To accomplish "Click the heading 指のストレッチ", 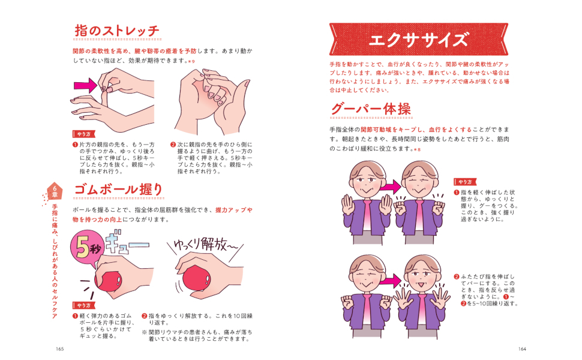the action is pos(117,31).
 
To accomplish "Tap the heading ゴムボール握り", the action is pos(119,189).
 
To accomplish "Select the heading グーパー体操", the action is pos(371,109).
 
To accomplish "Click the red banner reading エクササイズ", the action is pos(418,40).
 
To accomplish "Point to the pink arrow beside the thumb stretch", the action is pos(85,86).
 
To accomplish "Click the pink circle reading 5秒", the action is pos(87,248).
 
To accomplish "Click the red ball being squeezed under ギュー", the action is pos(109,281).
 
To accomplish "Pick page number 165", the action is pos(60,349).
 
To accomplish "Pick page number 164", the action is pos(522,349).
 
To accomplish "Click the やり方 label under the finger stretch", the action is pos(84,134).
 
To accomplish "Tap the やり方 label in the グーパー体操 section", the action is pos(465,182).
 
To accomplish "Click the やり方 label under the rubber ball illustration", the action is pos(84,305).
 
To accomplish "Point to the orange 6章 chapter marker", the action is pos(55,191).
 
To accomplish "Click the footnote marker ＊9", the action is pos(191,61).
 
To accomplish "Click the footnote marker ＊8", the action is pos(417,149).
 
